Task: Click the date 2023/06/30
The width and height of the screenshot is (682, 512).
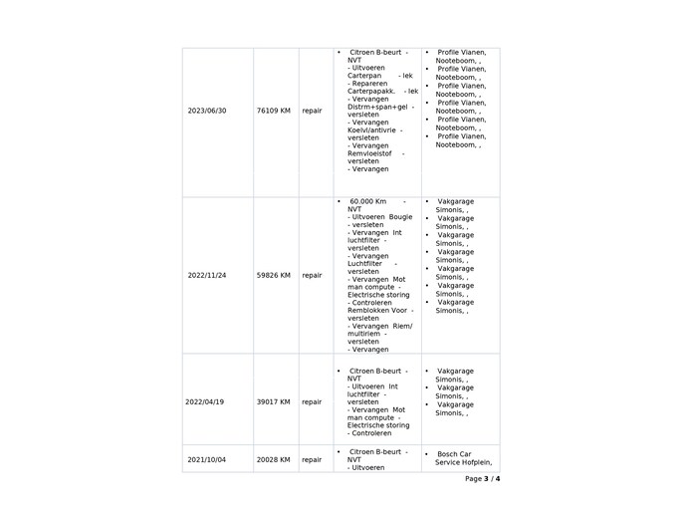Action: point(207,111)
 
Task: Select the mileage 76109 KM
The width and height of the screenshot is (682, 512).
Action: point(273,111)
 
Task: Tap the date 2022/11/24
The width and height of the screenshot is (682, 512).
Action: point(207,275)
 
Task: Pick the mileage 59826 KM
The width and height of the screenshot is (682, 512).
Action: point(273,275)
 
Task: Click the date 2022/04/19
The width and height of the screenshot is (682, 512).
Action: point(205,401)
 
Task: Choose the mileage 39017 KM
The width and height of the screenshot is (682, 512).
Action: point(273,401)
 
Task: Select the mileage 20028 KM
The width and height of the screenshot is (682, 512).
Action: point(273,460)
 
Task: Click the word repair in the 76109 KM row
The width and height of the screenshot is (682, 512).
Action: point(312,111)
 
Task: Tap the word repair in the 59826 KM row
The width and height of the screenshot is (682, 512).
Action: point(312,275)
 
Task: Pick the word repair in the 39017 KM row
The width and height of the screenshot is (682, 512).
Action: point(312,401)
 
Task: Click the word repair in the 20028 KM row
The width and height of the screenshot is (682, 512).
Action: point(312,460)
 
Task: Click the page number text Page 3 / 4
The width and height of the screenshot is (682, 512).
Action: point(482,479)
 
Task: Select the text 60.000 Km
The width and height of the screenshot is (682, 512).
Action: point(367,201)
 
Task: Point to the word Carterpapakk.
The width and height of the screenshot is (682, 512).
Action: point(370,91)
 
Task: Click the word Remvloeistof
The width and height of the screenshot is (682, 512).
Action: point(370,153)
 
